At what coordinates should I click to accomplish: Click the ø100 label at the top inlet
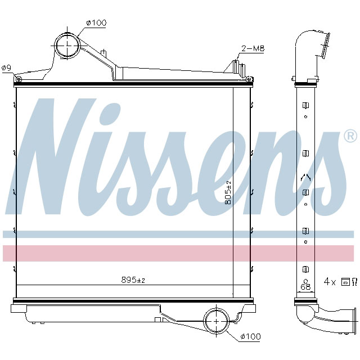coord(96,23)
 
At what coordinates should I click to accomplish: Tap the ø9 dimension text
coord(6,68)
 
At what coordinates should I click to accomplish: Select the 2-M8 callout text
coord(253,49)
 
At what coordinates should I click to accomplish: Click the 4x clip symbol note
coord(340,280)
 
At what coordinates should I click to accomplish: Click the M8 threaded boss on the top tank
coord(236,70)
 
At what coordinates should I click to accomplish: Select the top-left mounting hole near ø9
coord(19,79)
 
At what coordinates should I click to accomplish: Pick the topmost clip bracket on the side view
coord(305,106)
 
